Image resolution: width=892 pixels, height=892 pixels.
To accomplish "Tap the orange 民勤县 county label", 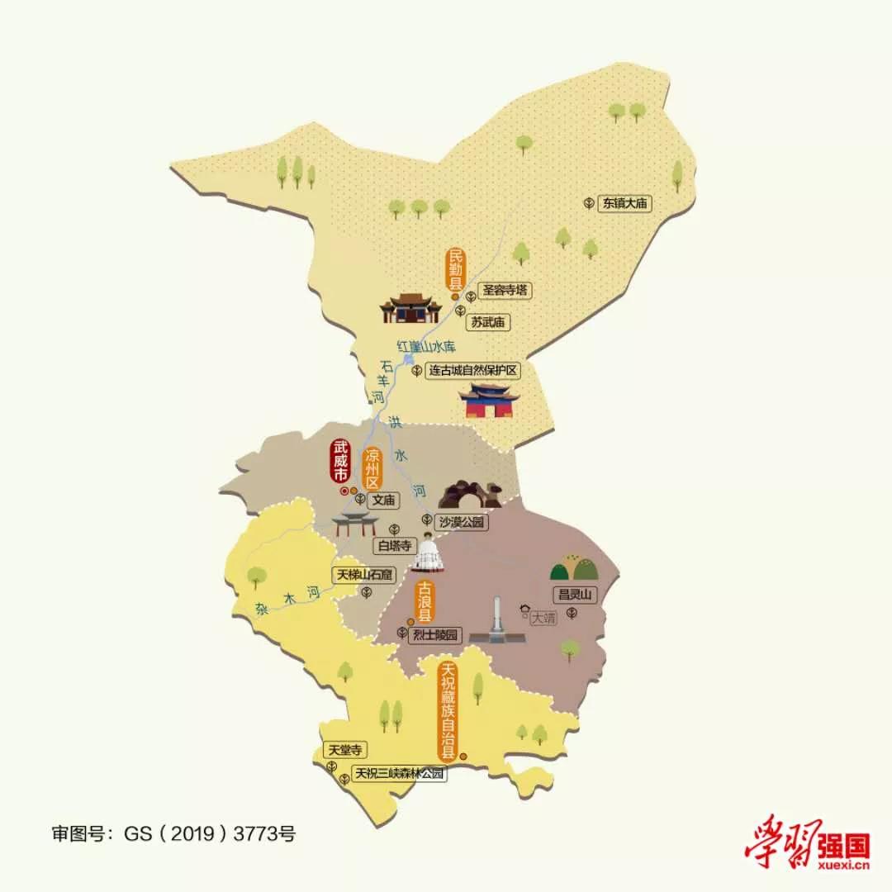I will click(456, 268).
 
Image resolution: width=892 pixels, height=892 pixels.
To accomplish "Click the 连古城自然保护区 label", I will click(473, 371).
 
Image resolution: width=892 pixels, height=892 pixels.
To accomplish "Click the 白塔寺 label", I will click(393, 545).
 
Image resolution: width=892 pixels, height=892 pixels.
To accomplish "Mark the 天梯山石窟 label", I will click(363, 574).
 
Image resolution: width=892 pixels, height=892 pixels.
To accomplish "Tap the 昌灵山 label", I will click(575, 594).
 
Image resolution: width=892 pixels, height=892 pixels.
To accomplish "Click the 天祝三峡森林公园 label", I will click(400, 774).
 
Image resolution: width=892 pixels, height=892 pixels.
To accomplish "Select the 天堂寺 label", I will click(344, 750).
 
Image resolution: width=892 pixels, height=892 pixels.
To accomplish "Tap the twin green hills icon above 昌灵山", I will click(575, 567).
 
